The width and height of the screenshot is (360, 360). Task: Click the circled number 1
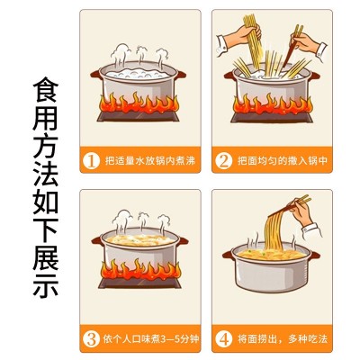tap(91, 160)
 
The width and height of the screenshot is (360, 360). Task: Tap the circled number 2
tap(223, 160)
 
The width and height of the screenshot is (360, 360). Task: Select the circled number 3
tap(91, 338)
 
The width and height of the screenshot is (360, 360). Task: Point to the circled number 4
tap(223, 338)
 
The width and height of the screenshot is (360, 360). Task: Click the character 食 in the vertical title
tap(45, 90)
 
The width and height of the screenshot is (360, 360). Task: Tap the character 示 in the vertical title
tap(45, 285)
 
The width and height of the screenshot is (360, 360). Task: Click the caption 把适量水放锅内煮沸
tap(150, 160)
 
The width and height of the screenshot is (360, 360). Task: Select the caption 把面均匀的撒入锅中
tap(283, 160)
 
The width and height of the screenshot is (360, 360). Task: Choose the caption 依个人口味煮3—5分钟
tap(151, 338)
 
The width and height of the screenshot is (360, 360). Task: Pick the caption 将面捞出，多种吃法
tap(283, 338)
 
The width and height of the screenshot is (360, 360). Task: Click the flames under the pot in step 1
tap(139, 103)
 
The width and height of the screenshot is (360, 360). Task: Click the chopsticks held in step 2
tap(292, 46)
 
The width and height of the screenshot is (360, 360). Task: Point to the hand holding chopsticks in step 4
tap(301, 213)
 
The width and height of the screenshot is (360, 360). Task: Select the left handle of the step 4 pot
tap(228, 255)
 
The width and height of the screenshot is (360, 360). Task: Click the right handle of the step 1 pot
tap(180, 75)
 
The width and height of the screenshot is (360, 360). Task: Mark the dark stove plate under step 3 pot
tap(140, 283)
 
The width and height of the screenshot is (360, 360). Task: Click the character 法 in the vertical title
tap(45, 174)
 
